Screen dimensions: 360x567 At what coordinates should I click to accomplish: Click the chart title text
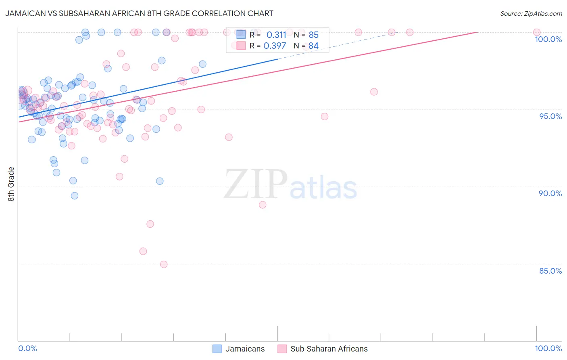click(x=139, y=13)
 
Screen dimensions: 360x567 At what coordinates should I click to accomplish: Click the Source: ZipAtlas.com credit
click(x=531, y=14)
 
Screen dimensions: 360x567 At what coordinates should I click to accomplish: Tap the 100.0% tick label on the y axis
click(x=548, y=39)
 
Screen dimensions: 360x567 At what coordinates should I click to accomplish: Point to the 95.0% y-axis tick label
click(x=550, y=116)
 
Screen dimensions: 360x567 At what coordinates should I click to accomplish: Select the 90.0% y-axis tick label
click(x=550, y=193)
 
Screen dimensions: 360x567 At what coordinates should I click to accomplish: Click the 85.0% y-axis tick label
click(x=550, y=271)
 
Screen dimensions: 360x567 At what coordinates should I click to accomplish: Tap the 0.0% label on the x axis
click(x=27, y=348)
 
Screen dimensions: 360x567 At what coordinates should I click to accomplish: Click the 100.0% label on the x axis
click(x=548, y=348)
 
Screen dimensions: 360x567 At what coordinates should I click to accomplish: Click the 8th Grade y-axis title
click(x=11, y=184)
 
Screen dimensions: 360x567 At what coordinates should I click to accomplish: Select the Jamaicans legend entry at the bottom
click(x=239, y=349)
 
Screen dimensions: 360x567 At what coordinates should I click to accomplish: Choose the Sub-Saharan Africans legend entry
click(x=323, y=349)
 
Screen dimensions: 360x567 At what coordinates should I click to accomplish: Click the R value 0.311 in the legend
click(x=276, y=35)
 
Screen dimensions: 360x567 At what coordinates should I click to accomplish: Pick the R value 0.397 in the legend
click(x=275, y=46)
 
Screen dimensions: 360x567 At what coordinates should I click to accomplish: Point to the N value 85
click(x=313, y=35)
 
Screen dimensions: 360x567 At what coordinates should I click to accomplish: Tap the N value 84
click(x=313, y=46)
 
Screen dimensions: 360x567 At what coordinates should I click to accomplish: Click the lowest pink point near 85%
click(x=164, y=264)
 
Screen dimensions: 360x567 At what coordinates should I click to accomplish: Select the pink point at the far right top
click(x=537, y=32)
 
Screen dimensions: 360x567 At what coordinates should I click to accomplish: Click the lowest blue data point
click(x=75, y=196)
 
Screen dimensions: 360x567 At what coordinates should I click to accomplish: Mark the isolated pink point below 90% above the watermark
click(x=263, y=205)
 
